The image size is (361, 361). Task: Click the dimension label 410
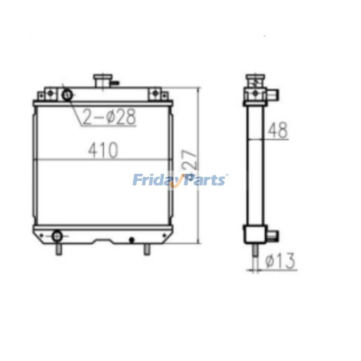pos(103,150)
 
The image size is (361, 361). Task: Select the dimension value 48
pos(278,130)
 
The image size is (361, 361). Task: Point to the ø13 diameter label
pos(280,260)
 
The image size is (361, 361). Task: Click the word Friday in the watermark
pos(153,180)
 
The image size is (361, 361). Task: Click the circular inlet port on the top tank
pos(67,95)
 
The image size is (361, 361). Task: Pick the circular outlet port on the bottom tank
pos(57,236)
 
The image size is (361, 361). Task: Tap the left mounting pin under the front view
pos(58,249)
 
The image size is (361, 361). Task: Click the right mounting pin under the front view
pos(147,249)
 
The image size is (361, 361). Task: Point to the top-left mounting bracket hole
pos(51,93)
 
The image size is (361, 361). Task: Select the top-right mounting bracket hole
pos(155,93)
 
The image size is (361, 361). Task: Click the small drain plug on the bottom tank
pos(132,239)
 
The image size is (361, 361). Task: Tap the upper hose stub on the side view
pos(274,94)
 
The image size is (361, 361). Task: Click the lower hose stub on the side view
pos(274,235)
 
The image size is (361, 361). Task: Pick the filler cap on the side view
pos(255,82)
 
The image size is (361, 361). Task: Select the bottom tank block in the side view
pos(255,234)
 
